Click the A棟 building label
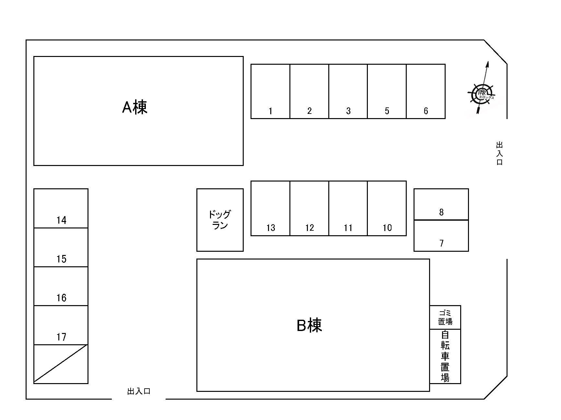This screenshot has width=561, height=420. [134, 107]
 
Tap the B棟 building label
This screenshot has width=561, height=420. [309, 325]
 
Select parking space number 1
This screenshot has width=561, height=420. [270, 92]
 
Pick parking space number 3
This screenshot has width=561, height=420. [348, 92]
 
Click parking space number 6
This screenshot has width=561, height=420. [426, 92]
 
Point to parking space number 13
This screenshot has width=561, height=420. [270, 208]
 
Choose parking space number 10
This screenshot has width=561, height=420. [387, 208]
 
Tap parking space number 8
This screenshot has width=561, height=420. [441, 204]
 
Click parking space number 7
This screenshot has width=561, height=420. [441, 236]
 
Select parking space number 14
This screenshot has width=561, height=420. [61, 209]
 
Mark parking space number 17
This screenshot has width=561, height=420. [61, 325]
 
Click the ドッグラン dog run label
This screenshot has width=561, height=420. [220, 220]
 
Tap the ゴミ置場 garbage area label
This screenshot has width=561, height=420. [445, 317]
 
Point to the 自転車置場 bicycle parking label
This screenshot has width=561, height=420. [445, 356]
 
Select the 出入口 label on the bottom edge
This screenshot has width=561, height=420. [139, 392]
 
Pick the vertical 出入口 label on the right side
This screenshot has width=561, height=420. [499, 153]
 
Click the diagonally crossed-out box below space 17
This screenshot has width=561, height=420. [61, 364]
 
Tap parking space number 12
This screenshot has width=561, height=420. [309, 208]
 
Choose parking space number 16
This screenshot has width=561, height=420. [61, 286]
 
